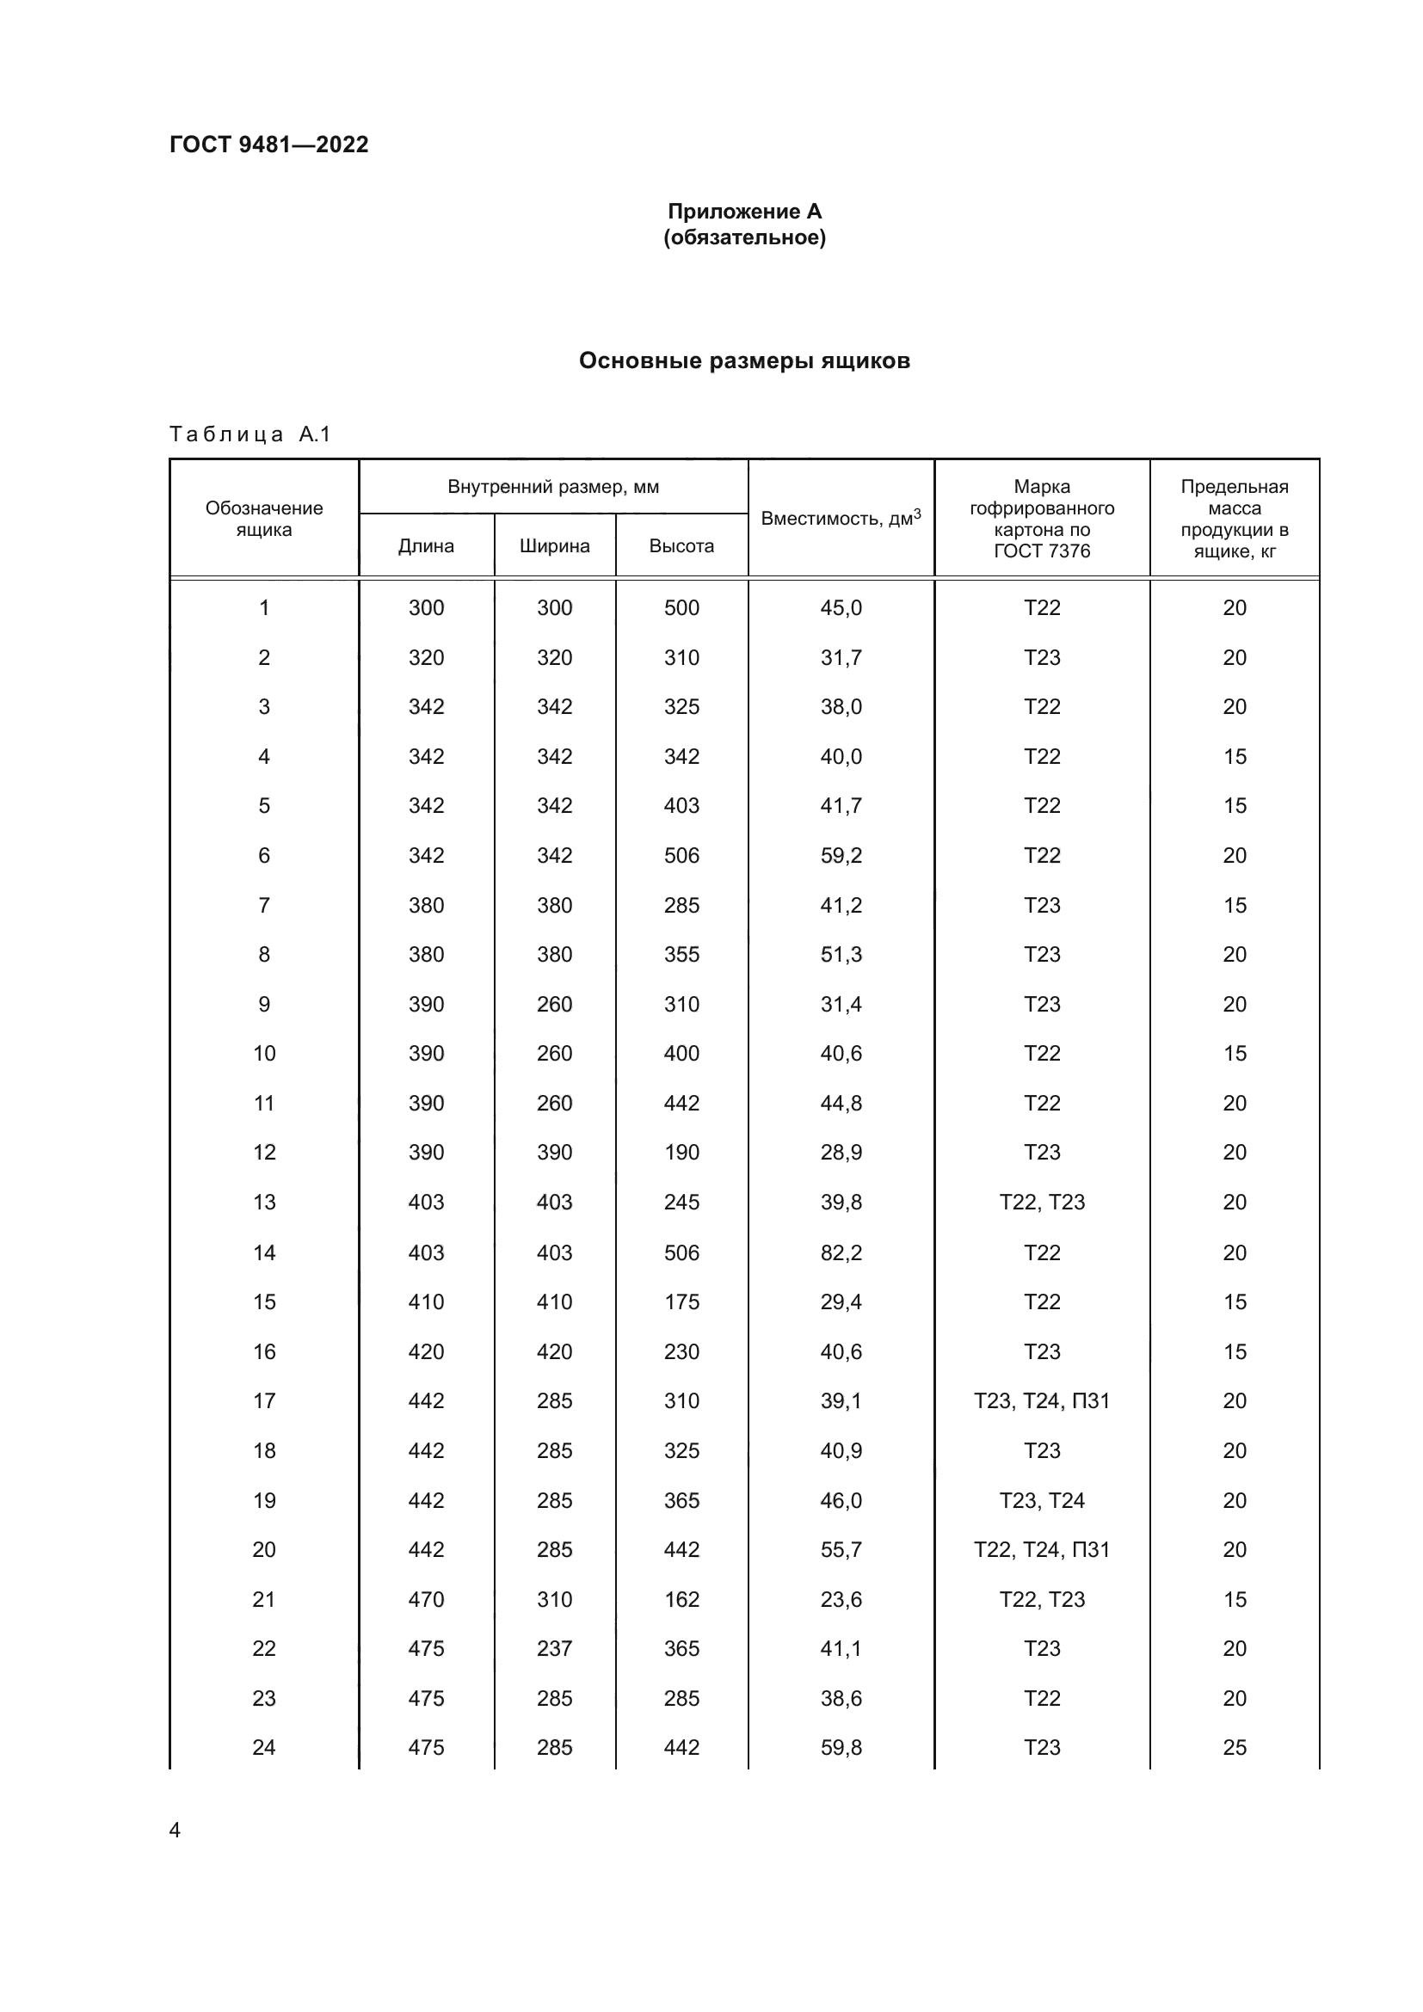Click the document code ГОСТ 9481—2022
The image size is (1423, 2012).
pos(269,145)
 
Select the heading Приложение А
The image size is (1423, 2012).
pos(744,212)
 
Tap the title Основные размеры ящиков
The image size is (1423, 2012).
pos(744,361)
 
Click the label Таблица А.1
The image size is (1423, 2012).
pos(249,434)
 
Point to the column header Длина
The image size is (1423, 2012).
pos(426,546)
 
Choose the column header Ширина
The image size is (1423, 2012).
pos(555,546)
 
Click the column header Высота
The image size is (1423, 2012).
pos(681,546)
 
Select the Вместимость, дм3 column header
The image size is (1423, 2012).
pos(841,518)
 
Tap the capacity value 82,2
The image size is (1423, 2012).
pos(841,1252)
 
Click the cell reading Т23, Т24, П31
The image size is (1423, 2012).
pos(1041,1400)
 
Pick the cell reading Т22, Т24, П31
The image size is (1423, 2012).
pos(1041,1549)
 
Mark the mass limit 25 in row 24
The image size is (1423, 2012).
pos(1234,1747)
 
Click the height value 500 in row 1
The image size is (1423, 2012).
pos(681,607)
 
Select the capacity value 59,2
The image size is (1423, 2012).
pos(841,855)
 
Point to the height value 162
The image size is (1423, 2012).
pos(681,1599)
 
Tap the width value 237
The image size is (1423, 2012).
pos(555,1648)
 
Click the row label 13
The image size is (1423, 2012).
pos(264,1202)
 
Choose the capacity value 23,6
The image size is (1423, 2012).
pos(841,1599)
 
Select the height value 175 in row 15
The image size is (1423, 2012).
pos(681,1301)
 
